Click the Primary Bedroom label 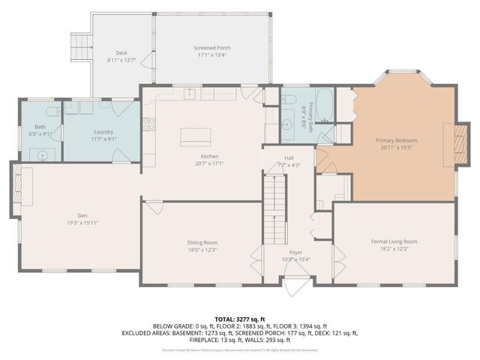[396, 140]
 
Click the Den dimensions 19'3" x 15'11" [73, 222]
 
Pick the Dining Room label [202, 242]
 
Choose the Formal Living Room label [394, 241]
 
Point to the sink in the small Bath [41, 155]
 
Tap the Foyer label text [296, 253]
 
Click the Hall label [289, 158]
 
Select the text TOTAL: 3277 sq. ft [240, 318]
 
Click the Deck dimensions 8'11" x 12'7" [121, 60]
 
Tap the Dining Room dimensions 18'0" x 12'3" [202, 250]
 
